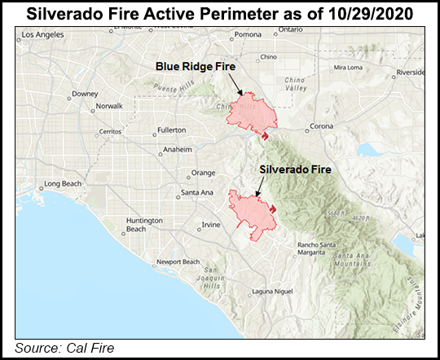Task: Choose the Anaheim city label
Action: pyautogui.click(x=177, y=150)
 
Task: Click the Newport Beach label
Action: pyautogui.click(x=179, y=261)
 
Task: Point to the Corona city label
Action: pyautogui.click(x=322, y=127)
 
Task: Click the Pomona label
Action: pyautogui.click(x=248, y=34)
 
